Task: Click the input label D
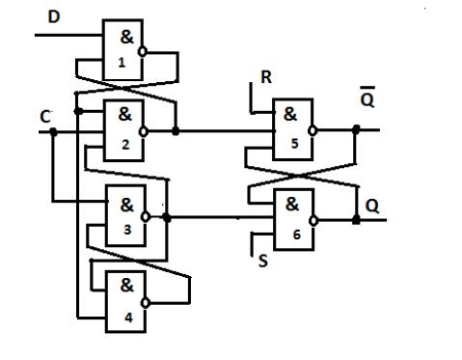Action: click(54, 16)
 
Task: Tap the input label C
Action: click(45, 117)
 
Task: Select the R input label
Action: click(266, 77)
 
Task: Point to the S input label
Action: click(263, 261)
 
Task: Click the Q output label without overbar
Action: click(372, 206)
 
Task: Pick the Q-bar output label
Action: click(367, 97)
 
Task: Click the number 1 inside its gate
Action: click(122, 62)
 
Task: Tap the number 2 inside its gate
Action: click(125, 145)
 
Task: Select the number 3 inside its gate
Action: click(127, 230)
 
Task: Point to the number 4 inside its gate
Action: click(128, 318)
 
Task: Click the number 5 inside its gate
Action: click(295, 144)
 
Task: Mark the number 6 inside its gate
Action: click(297, 235)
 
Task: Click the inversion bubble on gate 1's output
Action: click(143, 51)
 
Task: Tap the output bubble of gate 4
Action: click(146, 303)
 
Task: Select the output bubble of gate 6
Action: click(313, 221)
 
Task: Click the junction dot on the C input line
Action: click(53, 132)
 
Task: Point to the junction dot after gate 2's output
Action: click(176, 131)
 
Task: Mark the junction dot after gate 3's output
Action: click(167, 218)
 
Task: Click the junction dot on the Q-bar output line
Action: click(356, 130)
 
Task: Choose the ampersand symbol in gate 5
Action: click(290, 114)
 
